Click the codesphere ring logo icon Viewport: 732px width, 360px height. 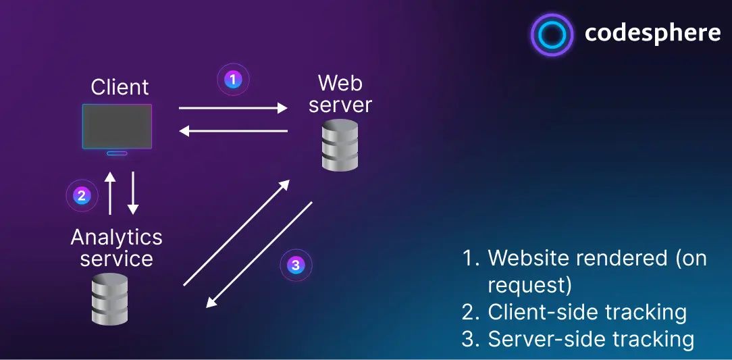click(x=552, y=34)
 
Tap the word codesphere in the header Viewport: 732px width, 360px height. click(x=652, y=33)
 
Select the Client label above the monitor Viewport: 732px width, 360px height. click(x=120, y=87)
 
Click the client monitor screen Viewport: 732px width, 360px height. click(x=117, y=126)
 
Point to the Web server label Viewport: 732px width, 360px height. click(x=340, y=94)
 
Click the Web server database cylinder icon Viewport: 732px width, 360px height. click(x=339, y=145)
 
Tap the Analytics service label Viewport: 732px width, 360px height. click(x=116, y=247)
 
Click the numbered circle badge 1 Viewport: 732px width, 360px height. click(x=233, y=80)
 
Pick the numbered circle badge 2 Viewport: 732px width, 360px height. click(x=82, y=196)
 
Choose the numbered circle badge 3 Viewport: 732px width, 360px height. click(x=296, y=264)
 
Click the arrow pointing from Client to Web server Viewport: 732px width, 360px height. click(x=233, y=107)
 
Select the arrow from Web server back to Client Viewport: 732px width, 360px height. click(x=233, y=131)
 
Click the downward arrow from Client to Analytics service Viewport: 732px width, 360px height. click(x=133, y=192)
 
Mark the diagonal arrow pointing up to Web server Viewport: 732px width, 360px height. click(x=236, y=233)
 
